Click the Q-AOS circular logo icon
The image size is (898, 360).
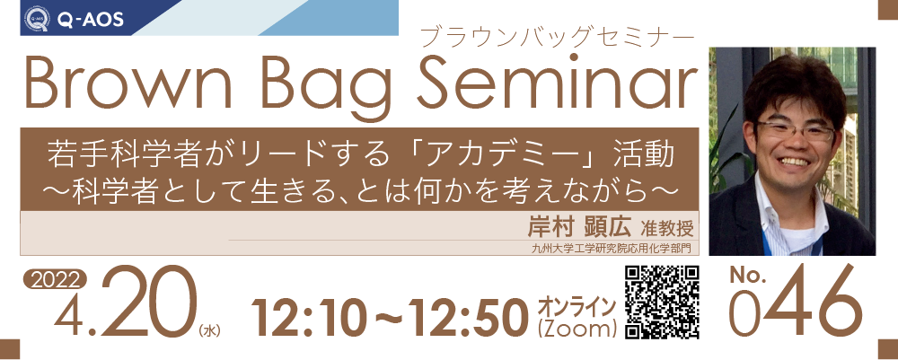click(x=37, y=18)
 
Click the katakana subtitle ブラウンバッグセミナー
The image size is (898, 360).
click(x=556, y=37)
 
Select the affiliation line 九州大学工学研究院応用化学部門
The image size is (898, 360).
click(x=612, y=249)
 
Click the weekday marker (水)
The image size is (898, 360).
click(x=209, y=330)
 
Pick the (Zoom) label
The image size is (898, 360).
click(x=577, y=330)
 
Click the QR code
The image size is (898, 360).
click(x=662, y=303)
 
